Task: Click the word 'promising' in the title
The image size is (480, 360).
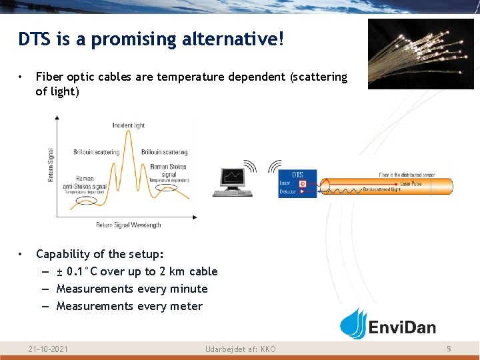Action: coord(127,40)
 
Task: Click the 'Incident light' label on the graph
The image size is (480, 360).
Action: coord(128,125)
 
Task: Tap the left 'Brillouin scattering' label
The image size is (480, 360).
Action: coord(96,152)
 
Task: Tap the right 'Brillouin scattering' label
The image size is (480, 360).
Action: coord(164,152)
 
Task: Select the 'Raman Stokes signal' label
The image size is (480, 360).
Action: coord(169,171)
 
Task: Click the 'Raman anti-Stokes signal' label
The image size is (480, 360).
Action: coord(84,183)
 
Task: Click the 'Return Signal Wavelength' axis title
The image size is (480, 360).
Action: coord(128,225)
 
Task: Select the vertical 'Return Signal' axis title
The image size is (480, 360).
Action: coord(51,165)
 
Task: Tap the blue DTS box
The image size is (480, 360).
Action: coord(297,183)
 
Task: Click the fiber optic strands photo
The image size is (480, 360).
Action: coord(421,53)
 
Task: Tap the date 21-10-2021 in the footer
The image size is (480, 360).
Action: coord(48,349)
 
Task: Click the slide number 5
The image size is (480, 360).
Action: coord(449,349)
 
